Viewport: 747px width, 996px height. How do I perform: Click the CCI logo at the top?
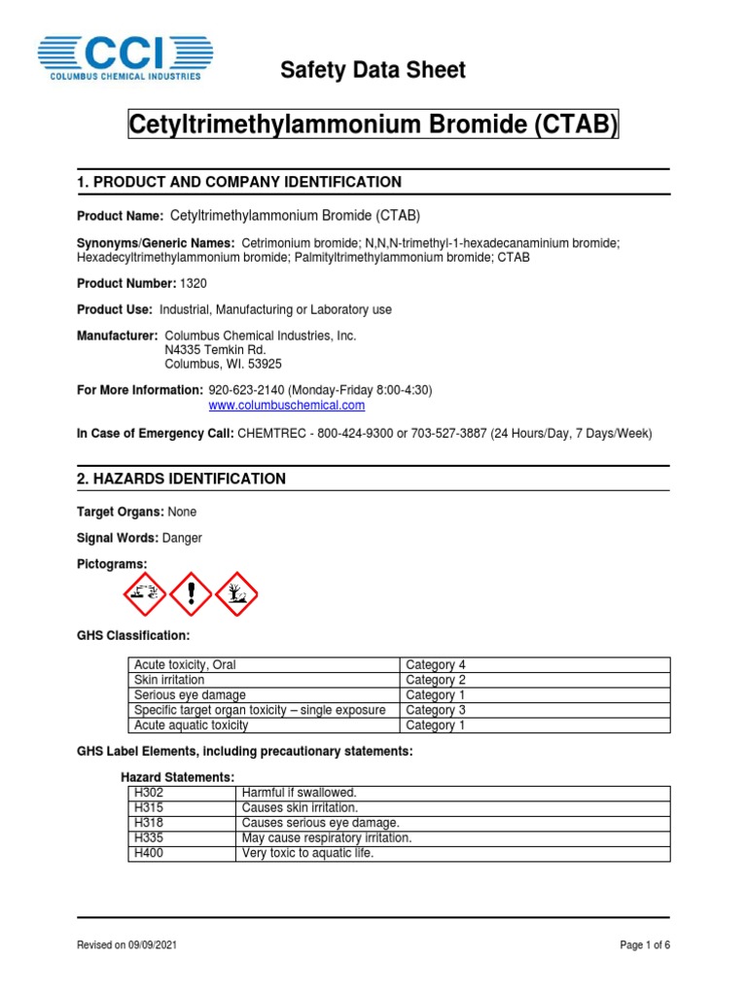coord(124,57)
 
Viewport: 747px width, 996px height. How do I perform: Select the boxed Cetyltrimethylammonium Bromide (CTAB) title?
coord(373,125)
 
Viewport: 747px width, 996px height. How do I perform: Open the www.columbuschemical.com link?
coord(287,406)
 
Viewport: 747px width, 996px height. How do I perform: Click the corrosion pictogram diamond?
coord(146,593)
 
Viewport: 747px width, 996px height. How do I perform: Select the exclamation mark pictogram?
coord(191,593)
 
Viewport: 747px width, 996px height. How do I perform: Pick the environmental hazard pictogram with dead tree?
coord(235,593)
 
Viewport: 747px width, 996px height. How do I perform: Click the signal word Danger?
coord(185,538)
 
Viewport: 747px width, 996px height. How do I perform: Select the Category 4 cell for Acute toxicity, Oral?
coord(436,665)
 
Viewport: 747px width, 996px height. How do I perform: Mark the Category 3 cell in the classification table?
coord(436,710)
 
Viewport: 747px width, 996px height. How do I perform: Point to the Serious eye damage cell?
coord(190,695)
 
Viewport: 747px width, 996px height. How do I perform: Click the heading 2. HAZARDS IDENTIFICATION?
coord(181,479)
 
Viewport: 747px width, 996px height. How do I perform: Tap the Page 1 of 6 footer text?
coord(645,945)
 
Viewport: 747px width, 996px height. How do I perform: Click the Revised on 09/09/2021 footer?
coord(126,945)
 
